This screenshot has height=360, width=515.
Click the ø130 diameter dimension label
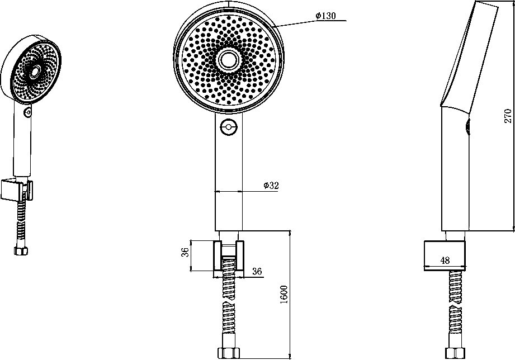[x=326, y=16]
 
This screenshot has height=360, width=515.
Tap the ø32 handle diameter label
[x=271, y=185]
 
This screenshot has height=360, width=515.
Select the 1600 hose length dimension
[x=284, y=294]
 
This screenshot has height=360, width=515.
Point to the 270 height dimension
[x=508, y=116]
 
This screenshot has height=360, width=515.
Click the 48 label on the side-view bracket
[x=445, y=260]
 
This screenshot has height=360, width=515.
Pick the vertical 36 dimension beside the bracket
[x=186, y=252]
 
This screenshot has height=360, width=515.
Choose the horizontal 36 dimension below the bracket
[x=257, y=271]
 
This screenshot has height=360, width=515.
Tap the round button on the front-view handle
[x=229, y=126]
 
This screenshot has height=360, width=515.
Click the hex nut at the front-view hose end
[x=229, y=353]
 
